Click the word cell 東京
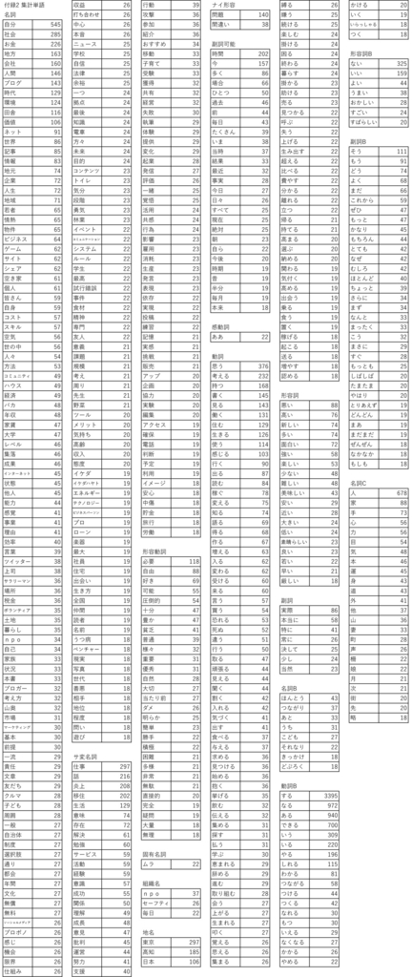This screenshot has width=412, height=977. click(x=220, y=942)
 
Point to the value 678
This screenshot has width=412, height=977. click(x=401, y=493)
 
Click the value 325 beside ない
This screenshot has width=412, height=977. click(x=398, y=61)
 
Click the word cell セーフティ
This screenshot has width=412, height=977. click(x=228, y=900)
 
